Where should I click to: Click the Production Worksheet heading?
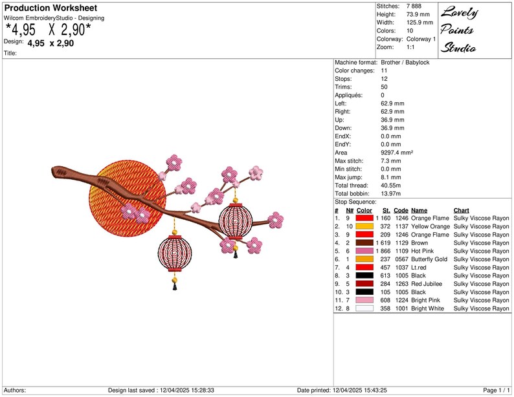[50, 8]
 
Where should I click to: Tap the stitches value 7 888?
[414, 6]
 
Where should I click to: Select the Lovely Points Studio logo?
[459, 30]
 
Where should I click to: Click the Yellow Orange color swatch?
[364, 226]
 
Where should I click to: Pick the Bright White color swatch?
[364, 308]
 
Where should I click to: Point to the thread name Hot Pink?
[422, 251]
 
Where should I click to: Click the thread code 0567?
[401, 259]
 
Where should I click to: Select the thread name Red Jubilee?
[427, 284]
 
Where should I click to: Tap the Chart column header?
[461, 210]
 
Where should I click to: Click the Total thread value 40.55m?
[391, 185]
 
